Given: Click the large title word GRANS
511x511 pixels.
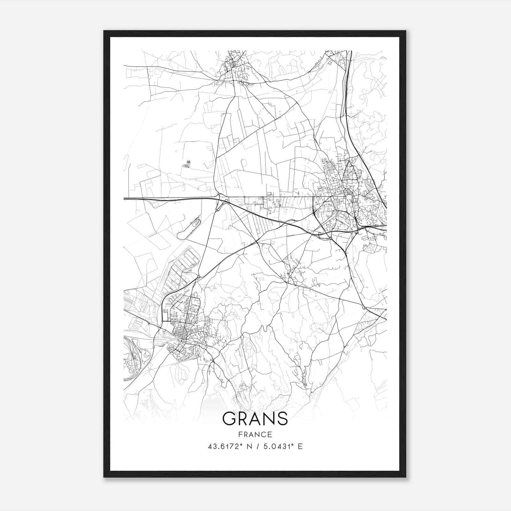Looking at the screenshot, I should (x=255, y=418).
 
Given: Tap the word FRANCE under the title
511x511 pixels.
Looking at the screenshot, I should (x=255, y=434).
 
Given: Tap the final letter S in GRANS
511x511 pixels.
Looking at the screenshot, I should (x=281, y=418).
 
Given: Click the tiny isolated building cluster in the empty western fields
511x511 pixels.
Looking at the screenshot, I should (x=187, y=164).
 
